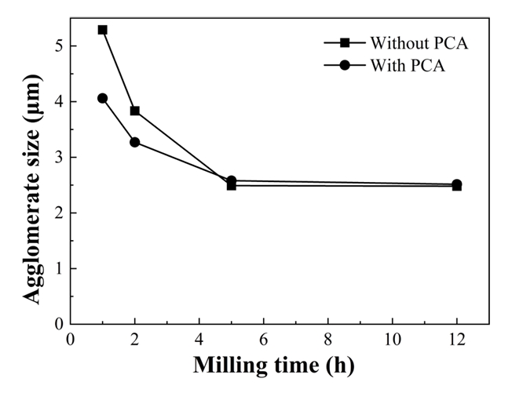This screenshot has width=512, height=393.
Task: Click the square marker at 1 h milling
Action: tap(103, 30)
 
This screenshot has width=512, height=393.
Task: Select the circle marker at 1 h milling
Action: tap(103, 98)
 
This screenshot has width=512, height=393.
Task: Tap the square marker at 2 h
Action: tap(135, 111)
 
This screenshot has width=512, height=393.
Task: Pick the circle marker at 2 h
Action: tap(135, 142)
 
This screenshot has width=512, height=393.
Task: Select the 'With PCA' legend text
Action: tap(408, 66)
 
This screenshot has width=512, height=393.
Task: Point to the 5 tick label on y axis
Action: tap(59, 46)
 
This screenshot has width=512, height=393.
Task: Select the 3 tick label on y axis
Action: tap(59, 158)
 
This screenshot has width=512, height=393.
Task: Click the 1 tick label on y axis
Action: tap(59, 268)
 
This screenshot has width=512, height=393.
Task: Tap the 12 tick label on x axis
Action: tap(456, 340)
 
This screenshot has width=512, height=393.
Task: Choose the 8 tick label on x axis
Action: tap(328, 340)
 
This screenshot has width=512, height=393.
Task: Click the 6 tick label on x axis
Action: tap(264, 340)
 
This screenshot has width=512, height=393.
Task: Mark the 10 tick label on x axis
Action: tap(392, 340)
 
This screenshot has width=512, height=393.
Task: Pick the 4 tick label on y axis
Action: tap(59, 102)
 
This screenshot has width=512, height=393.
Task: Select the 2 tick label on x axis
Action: tap(135, 340)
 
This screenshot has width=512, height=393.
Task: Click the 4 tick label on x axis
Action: tap(199, 340)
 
